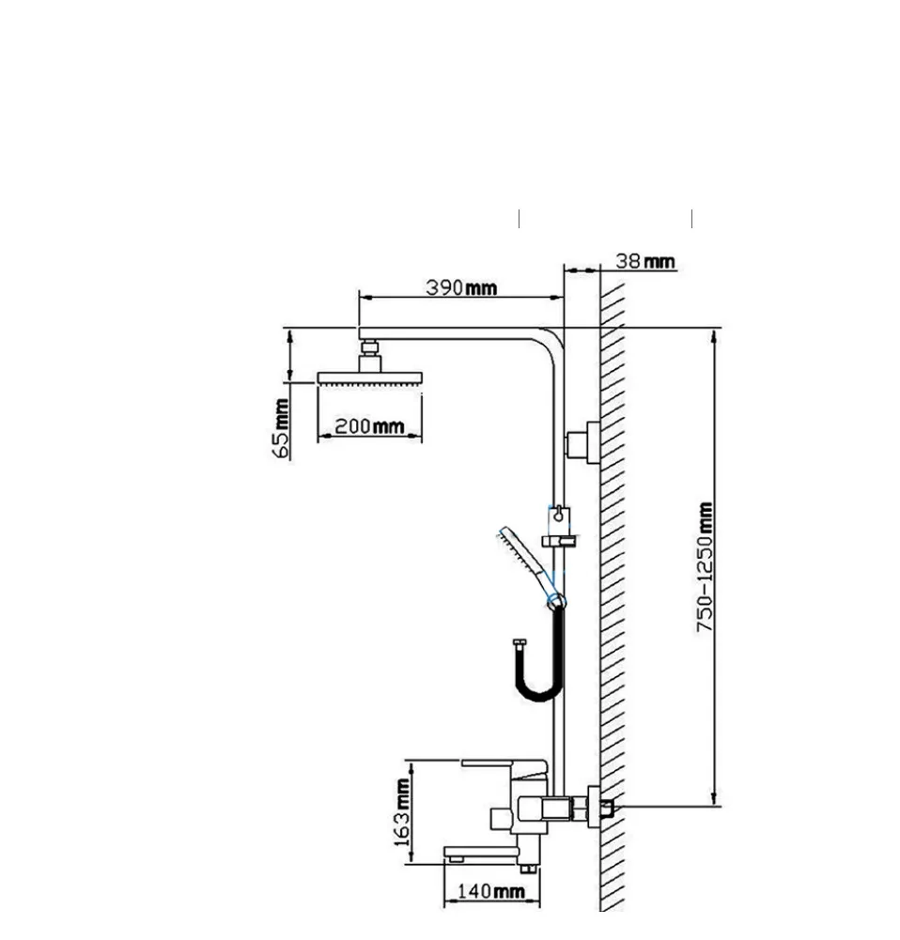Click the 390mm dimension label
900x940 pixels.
click(461, 287)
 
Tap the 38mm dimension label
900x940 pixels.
click(645, 261)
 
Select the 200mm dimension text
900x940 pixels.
click(369, 426)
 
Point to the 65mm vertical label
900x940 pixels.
click(281, 428)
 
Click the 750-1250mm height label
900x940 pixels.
click(706, 567)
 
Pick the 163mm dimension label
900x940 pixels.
click(402, 812)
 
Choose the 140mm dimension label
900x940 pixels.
click(491, 891)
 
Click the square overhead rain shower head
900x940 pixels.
click(370, 378)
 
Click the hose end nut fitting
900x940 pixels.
click(520, 644)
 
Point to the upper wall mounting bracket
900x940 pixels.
click(582, 442)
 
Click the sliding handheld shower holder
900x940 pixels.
click(559, 528)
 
